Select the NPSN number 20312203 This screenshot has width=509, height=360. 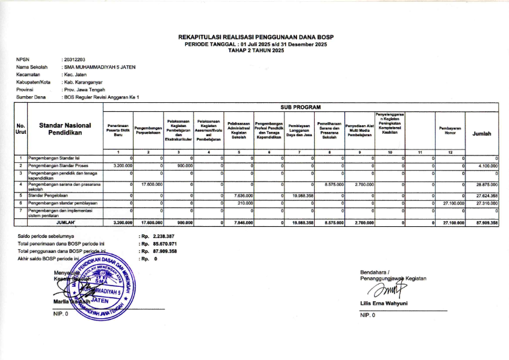coord(73,59)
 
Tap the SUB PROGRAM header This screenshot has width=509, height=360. coord(301,107)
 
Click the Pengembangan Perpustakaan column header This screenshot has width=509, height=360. coord(149,130)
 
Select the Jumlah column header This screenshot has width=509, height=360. coord(482,134)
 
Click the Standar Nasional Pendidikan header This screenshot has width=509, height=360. coord(65,128)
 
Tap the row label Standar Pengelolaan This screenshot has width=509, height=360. coord(48,195)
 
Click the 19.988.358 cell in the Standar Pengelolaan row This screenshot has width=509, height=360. coord(302,195)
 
